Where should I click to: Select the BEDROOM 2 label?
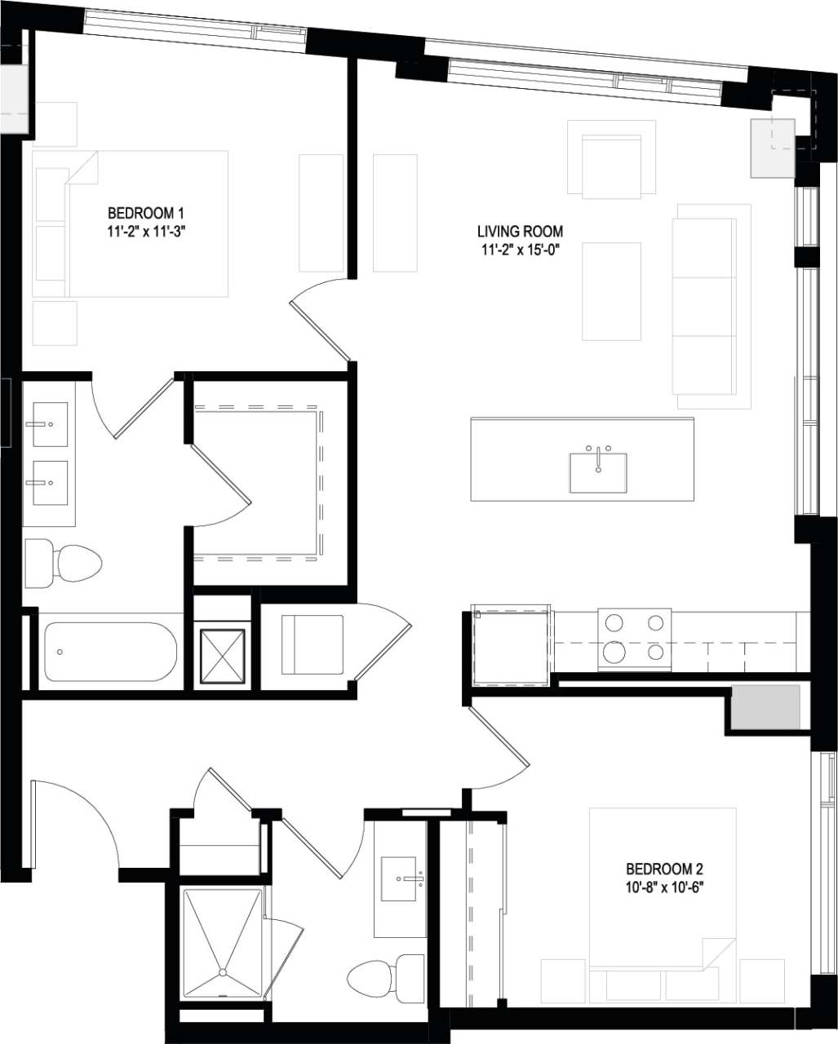[x=664, y=869]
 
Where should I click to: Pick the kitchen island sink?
[x=598, y=472]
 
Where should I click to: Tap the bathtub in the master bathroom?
[x=110, y=652]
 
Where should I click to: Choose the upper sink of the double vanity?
[x=50, y=425]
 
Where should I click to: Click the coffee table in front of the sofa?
[x=611, y=291]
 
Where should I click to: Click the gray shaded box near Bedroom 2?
[x=765, y=707]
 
